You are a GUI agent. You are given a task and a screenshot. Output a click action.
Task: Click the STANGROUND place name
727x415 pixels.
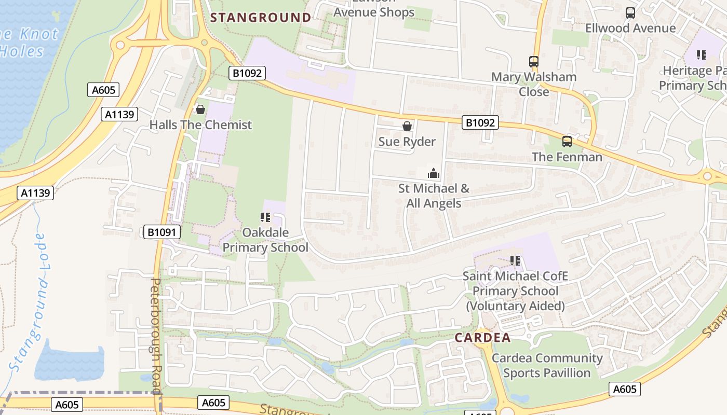tap(260, 18)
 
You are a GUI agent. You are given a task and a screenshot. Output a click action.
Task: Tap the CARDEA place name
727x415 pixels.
tap(482, 338)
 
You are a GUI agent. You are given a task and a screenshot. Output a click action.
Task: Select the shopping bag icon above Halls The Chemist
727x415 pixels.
tap(200, 109)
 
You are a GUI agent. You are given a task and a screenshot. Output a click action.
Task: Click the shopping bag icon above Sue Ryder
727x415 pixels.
tap(407, 126)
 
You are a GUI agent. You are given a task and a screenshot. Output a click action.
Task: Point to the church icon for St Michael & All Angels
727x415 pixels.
tap(433, 173)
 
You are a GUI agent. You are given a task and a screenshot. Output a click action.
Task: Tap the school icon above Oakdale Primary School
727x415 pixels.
tap(265, 217)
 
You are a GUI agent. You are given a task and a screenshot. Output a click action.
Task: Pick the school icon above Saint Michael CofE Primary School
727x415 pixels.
tap(515, 260)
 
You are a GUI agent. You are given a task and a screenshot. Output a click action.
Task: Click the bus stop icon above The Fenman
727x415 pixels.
tap(567, 142)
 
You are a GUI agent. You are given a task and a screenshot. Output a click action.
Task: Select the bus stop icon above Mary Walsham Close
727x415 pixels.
tap(533, 61)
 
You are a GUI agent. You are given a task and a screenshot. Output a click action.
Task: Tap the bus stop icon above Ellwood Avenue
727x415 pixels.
tap(630, 13)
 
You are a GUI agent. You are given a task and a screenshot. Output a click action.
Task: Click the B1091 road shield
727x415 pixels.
tap(162, 232)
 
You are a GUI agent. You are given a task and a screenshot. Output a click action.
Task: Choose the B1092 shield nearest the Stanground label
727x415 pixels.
tap(247, 73)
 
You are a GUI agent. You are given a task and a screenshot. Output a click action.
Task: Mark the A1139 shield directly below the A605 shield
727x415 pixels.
tap(120, 114)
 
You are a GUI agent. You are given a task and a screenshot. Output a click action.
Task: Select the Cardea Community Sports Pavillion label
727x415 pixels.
tap(547, 365)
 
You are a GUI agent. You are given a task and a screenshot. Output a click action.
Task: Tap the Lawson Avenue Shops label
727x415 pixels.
tap(374, 8)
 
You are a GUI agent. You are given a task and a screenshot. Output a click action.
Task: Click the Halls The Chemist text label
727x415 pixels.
tap(200, 125)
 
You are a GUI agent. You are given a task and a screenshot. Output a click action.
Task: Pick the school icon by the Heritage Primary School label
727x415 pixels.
tap(702, 55)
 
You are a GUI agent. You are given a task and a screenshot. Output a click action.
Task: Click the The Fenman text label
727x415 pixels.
tap(567, 157)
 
